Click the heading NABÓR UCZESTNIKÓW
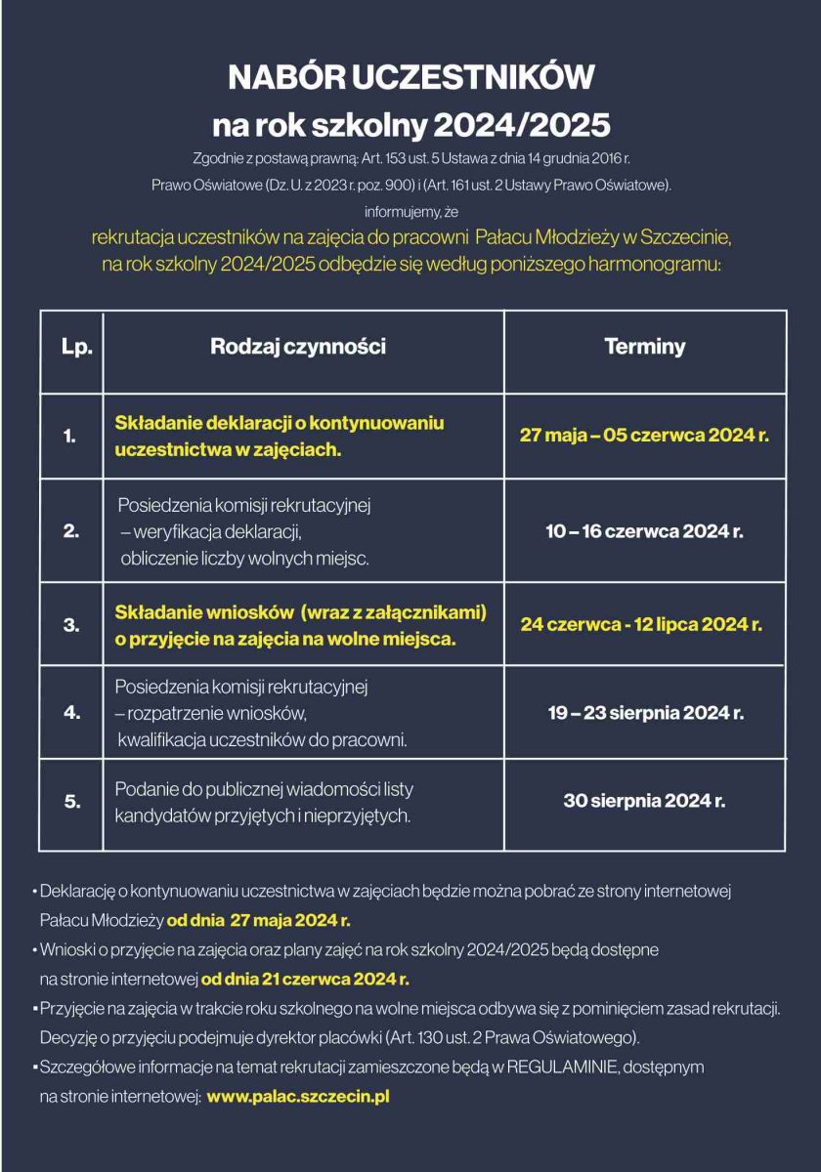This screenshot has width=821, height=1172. coord(410,77)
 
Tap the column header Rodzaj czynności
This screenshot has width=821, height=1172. coord(298,347)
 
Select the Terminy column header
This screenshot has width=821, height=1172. coord(645,347)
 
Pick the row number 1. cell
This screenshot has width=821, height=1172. coord(70,437)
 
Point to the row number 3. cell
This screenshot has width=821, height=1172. coord(70,624)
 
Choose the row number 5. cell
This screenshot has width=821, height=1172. coord(71,802)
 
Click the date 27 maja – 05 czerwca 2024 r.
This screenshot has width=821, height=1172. coord(644,436)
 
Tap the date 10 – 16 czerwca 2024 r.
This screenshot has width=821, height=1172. coord(644,531)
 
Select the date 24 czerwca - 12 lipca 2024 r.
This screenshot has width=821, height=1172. coord(641,624)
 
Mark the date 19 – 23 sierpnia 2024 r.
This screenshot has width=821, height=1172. coord(645,713)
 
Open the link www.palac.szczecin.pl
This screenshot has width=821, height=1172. coord(298,1097)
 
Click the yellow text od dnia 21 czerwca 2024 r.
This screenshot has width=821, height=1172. coord(305,979)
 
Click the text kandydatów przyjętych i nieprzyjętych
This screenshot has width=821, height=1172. coord(263,816)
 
